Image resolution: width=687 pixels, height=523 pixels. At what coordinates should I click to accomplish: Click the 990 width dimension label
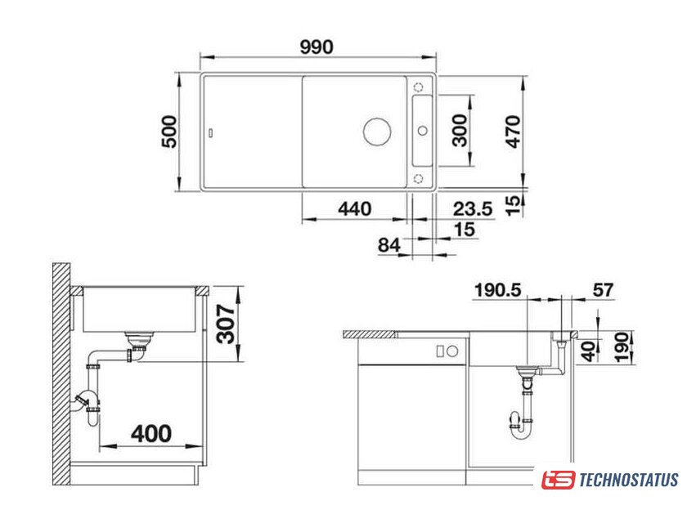point(317,47)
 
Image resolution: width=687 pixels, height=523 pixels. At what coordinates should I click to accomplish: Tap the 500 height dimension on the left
point(169,132)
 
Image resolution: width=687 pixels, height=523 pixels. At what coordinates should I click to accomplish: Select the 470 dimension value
point(513,132)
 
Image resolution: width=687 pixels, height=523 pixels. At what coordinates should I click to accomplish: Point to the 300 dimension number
point(460,130)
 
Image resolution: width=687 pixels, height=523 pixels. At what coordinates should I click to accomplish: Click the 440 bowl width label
point(355,208)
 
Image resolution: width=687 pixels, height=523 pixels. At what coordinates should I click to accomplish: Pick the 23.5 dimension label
point(473,208)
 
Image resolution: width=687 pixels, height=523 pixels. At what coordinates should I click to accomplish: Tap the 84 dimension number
point(389,245)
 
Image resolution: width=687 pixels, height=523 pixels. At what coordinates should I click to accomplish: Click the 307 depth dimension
point(227,324)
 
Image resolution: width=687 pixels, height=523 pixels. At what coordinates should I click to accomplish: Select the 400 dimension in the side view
point(151,433)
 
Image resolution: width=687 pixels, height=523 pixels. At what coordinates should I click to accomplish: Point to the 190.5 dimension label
point(498,290)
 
